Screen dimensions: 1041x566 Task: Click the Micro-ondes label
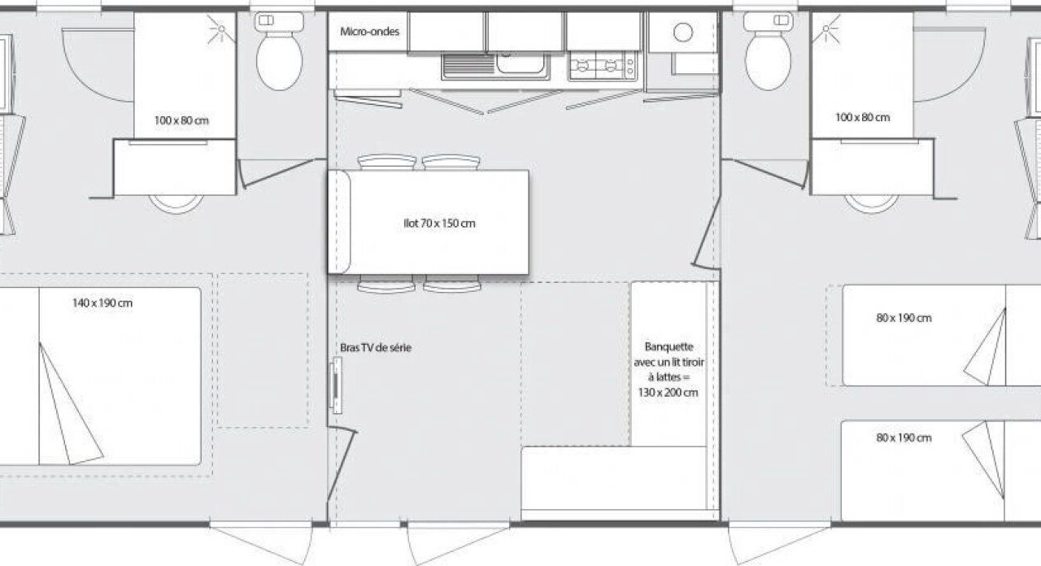[369, 32]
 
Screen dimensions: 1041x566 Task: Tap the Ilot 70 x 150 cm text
[439, 224]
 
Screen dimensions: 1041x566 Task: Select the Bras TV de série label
[376, 347]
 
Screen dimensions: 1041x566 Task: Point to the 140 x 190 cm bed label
[102, 303]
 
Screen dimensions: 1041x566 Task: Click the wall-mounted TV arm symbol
[336, 385]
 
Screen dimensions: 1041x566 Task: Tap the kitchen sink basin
[520, 63]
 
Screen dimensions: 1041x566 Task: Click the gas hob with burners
[603, 66]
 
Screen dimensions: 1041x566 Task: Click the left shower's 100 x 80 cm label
[181, 121]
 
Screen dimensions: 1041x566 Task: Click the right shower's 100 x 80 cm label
[863, 118]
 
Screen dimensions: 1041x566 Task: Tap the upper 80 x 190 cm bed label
[904, 318]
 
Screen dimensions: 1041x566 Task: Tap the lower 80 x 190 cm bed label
[904, 438]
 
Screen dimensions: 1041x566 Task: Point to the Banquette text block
[669, 369]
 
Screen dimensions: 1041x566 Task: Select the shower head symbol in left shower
[220, 28]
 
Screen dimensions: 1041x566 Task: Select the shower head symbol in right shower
[825, 28]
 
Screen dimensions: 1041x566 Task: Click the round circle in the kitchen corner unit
[682, 33]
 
